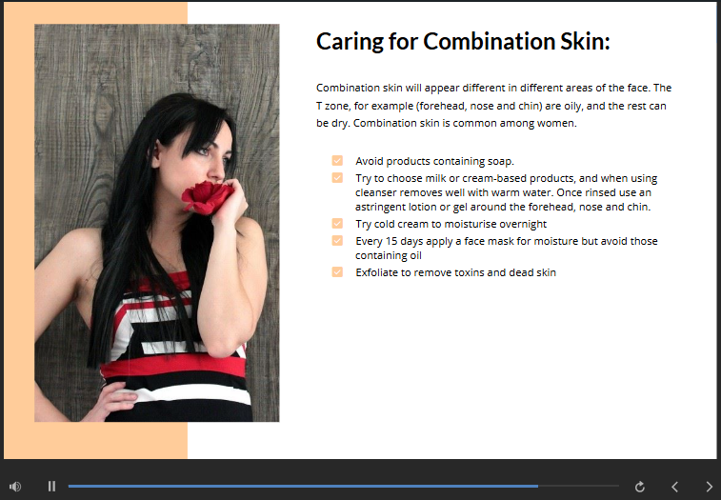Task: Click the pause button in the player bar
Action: point(51,487)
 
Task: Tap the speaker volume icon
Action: point(15,487)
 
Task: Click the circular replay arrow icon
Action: point(640,487)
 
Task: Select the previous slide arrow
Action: point(674,487)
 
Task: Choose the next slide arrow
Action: point(709,487)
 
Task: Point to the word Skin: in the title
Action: point(586,41)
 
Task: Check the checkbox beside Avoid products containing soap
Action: point(337,160)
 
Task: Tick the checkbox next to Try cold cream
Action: point(337,223)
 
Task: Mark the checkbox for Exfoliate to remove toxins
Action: point(337,271)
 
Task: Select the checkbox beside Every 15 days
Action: point(337,240)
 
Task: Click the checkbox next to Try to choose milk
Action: point(337,177)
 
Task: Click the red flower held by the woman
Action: point(207,197)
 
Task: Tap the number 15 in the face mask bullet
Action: point(391,241)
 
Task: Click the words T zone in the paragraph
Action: point(333,106)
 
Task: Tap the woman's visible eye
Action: point(204,150)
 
